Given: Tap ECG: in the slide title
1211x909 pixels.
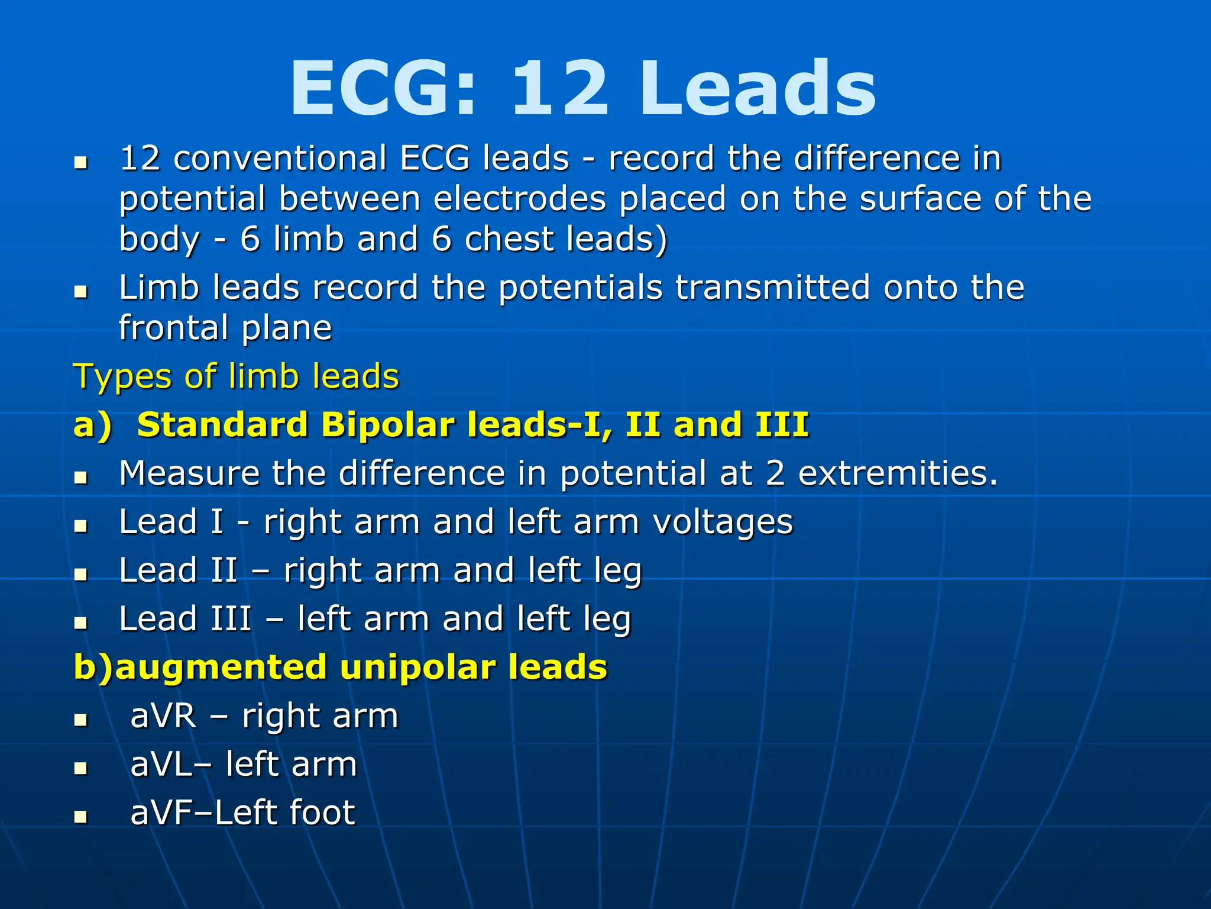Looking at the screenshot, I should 383,89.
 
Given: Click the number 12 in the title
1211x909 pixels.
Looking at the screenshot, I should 559,89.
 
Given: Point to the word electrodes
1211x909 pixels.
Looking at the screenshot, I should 520,199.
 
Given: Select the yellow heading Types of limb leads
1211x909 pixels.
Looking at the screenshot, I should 236,376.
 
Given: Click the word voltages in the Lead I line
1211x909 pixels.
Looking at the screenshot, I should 723,522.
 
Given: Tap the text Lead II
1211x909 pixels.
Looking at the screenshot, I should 178,570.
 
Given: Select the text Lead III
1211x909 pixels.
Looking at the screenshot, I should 185,619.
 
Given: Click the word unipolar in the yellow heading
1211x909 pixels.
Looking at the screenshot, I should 418,668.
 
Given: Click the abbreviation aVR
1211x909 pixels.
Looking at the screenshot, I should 163,716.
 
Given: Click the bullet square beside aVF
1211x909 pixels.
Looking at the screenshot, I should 81,817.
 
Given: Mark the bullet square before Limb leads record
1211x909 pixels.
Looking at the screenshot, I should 81,291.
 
